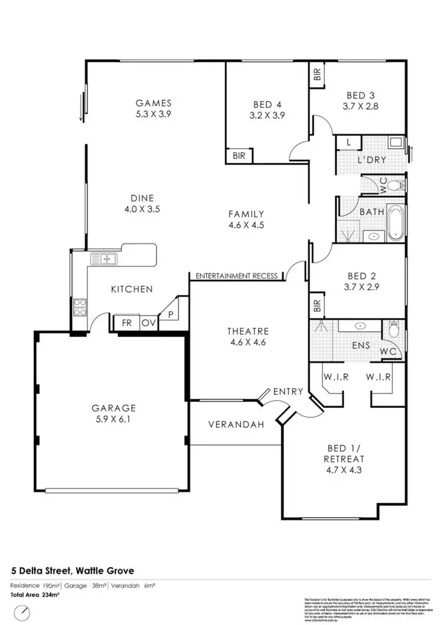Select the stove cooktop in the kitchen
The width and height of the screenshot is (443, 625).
tap(80, 307)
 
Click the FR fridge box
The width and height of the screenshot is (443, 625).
tap(126, 323)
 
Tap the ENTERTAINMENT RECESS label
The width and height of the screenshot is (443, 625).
tap(236, 276)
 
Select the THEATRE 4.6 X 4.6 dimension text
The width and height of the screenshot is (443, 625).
tap(248, 341)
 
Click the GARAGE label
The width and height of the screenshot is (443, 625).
tap(113, 408)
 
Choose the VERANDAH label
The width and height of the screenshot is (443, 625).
tap(235, 424)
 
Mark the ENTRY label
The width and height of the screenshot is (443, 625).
tap(288, 391)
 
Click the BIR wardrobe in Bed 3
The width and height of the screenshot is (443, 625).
tap(317, 74)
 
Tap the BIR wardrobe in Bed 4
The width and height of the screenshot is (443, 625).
tap(239, 156)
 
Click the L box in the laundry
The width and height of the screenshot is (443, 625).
tap(348, 143)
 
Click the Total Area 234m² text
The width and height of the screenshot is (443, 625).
tap(35, 595)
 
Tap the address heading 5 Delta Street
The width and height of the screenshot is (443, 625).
tap(73, 571)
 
